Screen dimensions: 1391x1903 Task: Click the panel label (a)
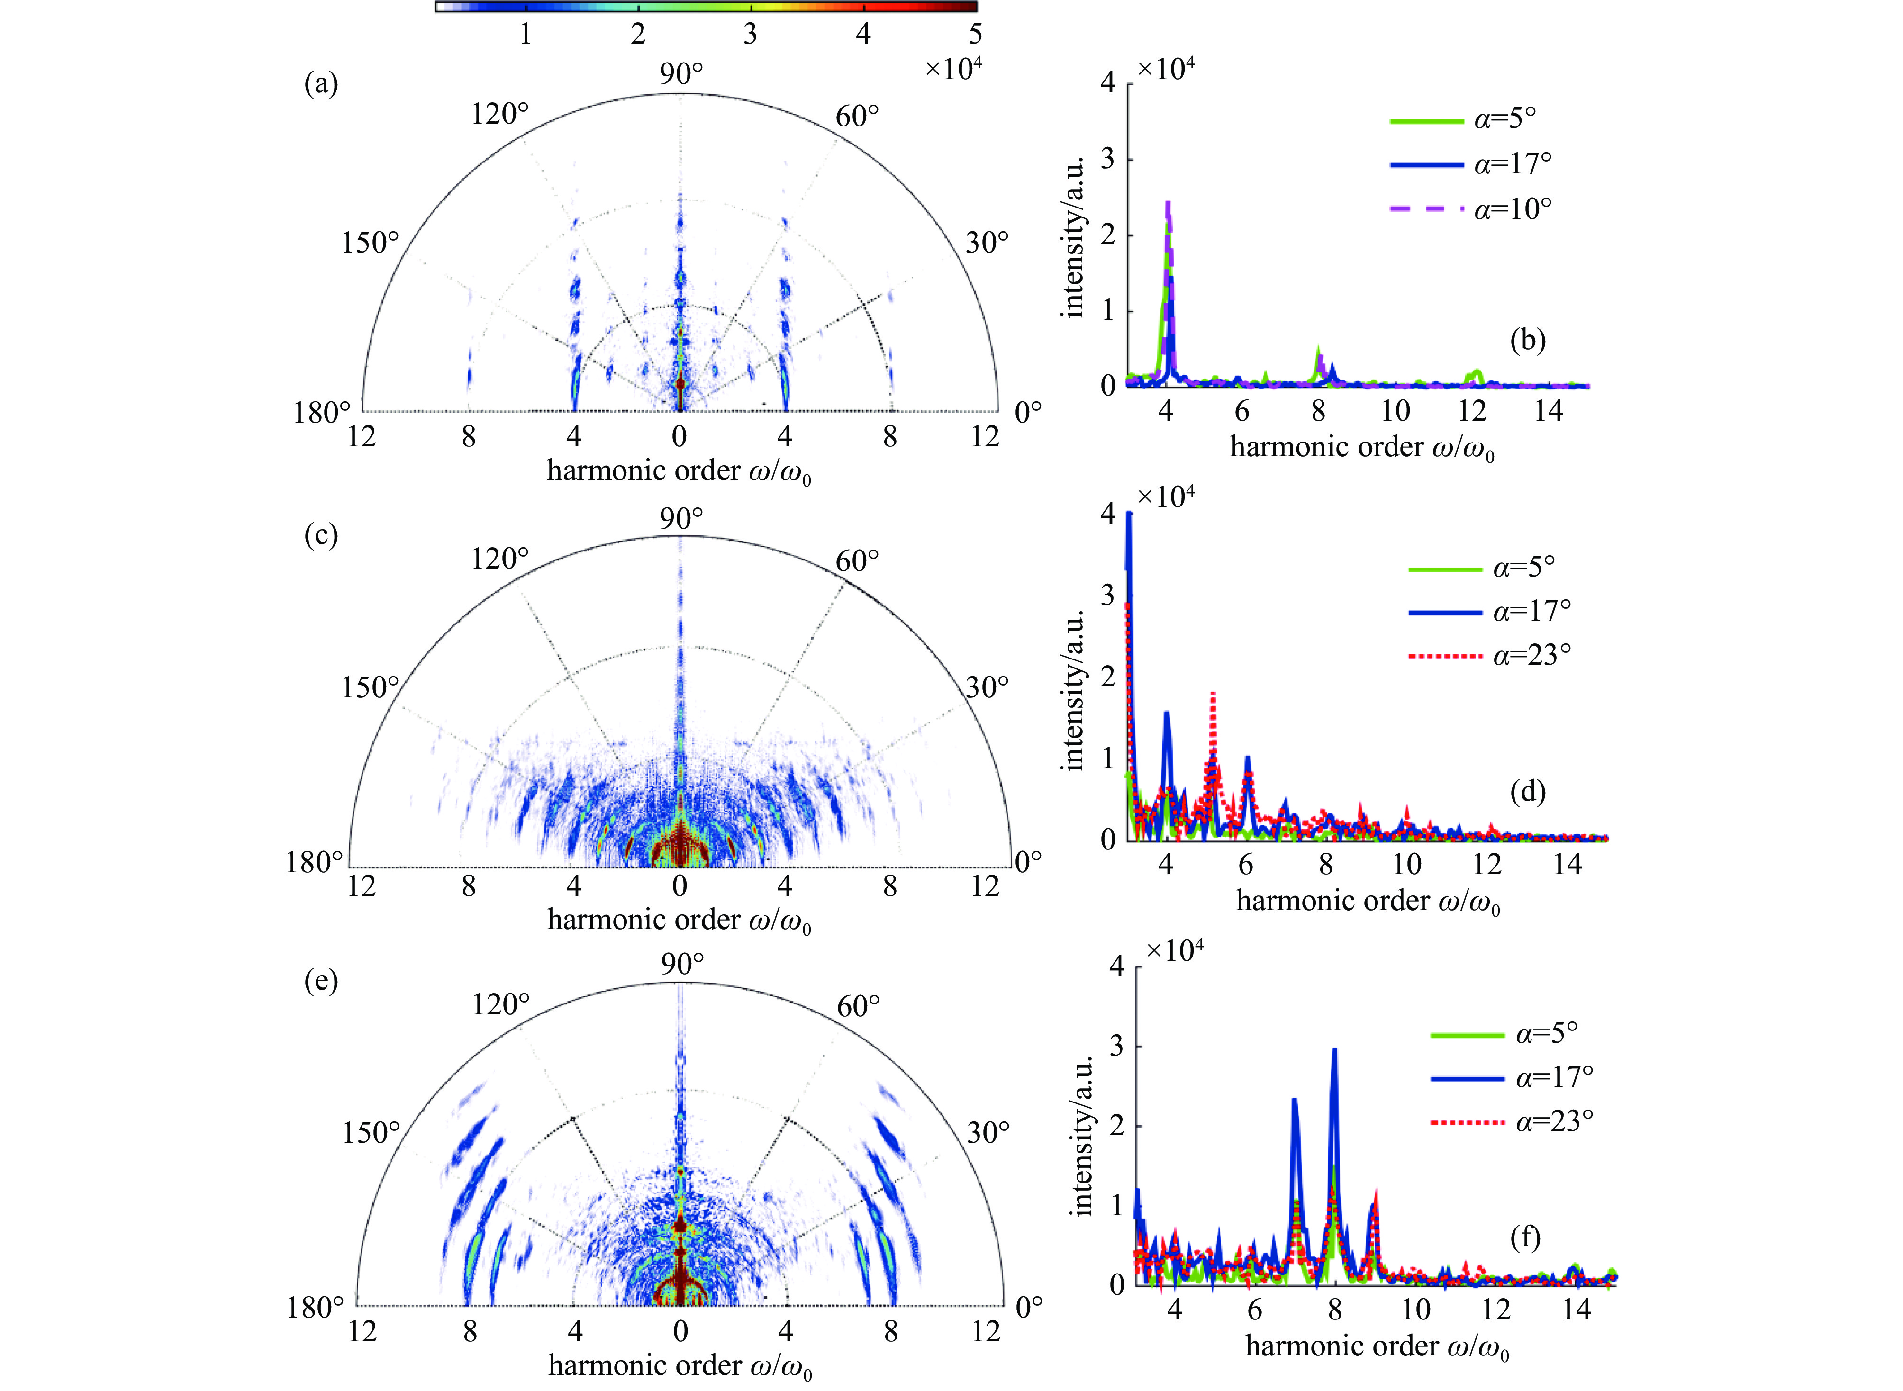point(321,84)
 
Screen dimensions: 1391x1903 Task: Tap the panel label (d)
point(1527,792)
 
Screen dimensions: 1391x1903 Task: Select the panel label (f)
point(1525,1238)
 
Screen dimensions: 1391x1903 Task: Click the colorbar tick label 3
point(750,34)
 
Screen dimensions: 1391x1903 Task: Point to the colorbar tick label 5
point(975,34)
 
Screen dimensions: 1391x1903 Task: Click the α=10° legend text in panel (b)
point(1512,208)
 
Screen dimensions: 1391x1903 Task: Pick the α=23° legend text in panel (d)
point(1531,654)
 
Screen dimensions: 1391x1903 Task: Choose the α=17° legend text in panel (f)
point(1554,1077)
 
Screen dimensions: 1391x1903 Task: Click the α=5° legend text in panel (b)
point(1504,119)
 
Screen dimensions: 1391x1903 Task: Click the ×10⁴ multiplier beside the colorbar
point(953,67)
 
